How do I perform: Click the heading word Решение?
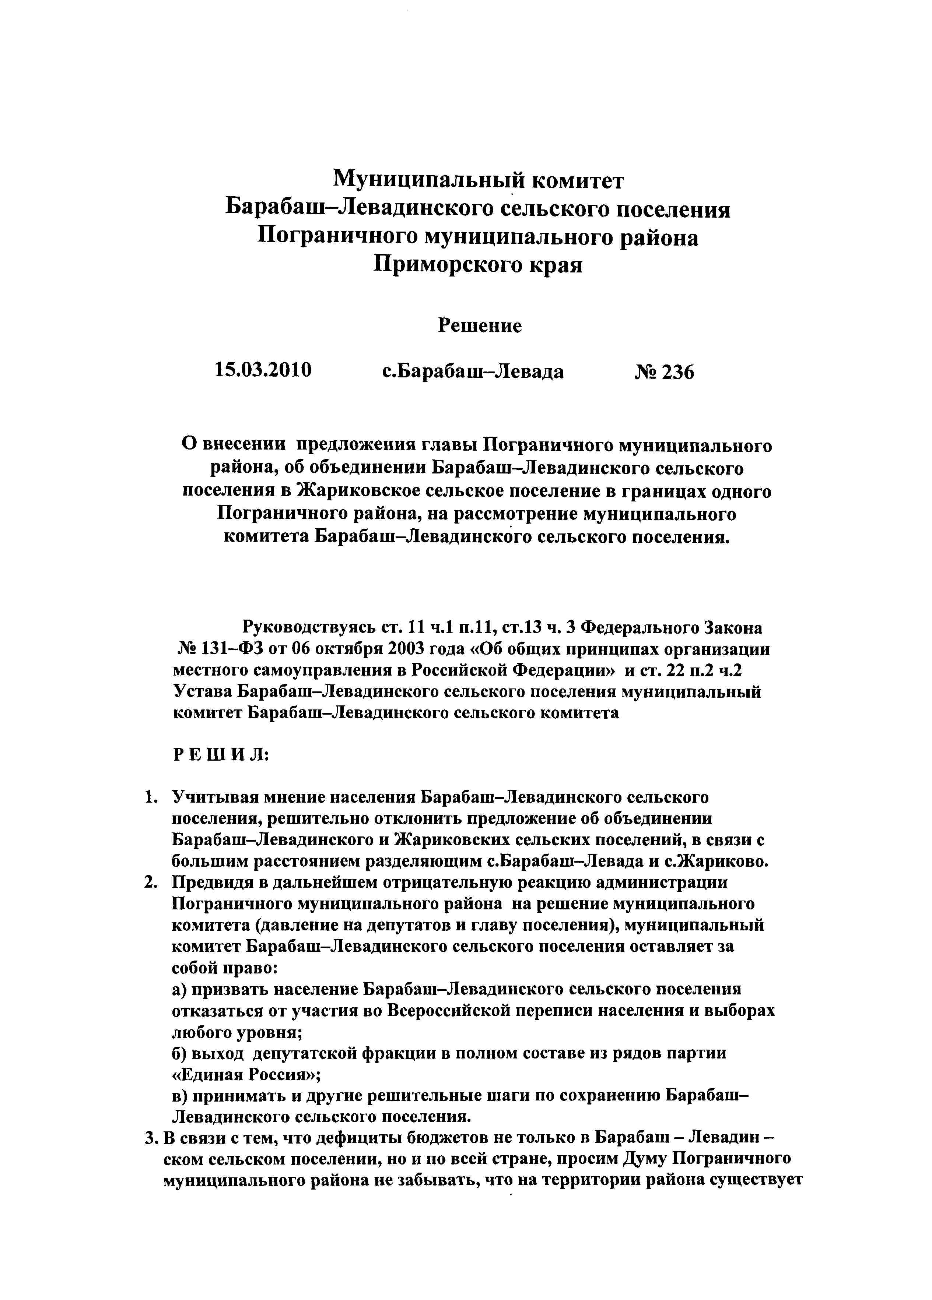[x=480, y=325]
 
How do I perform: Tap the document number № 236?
[x=664, y=372]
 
